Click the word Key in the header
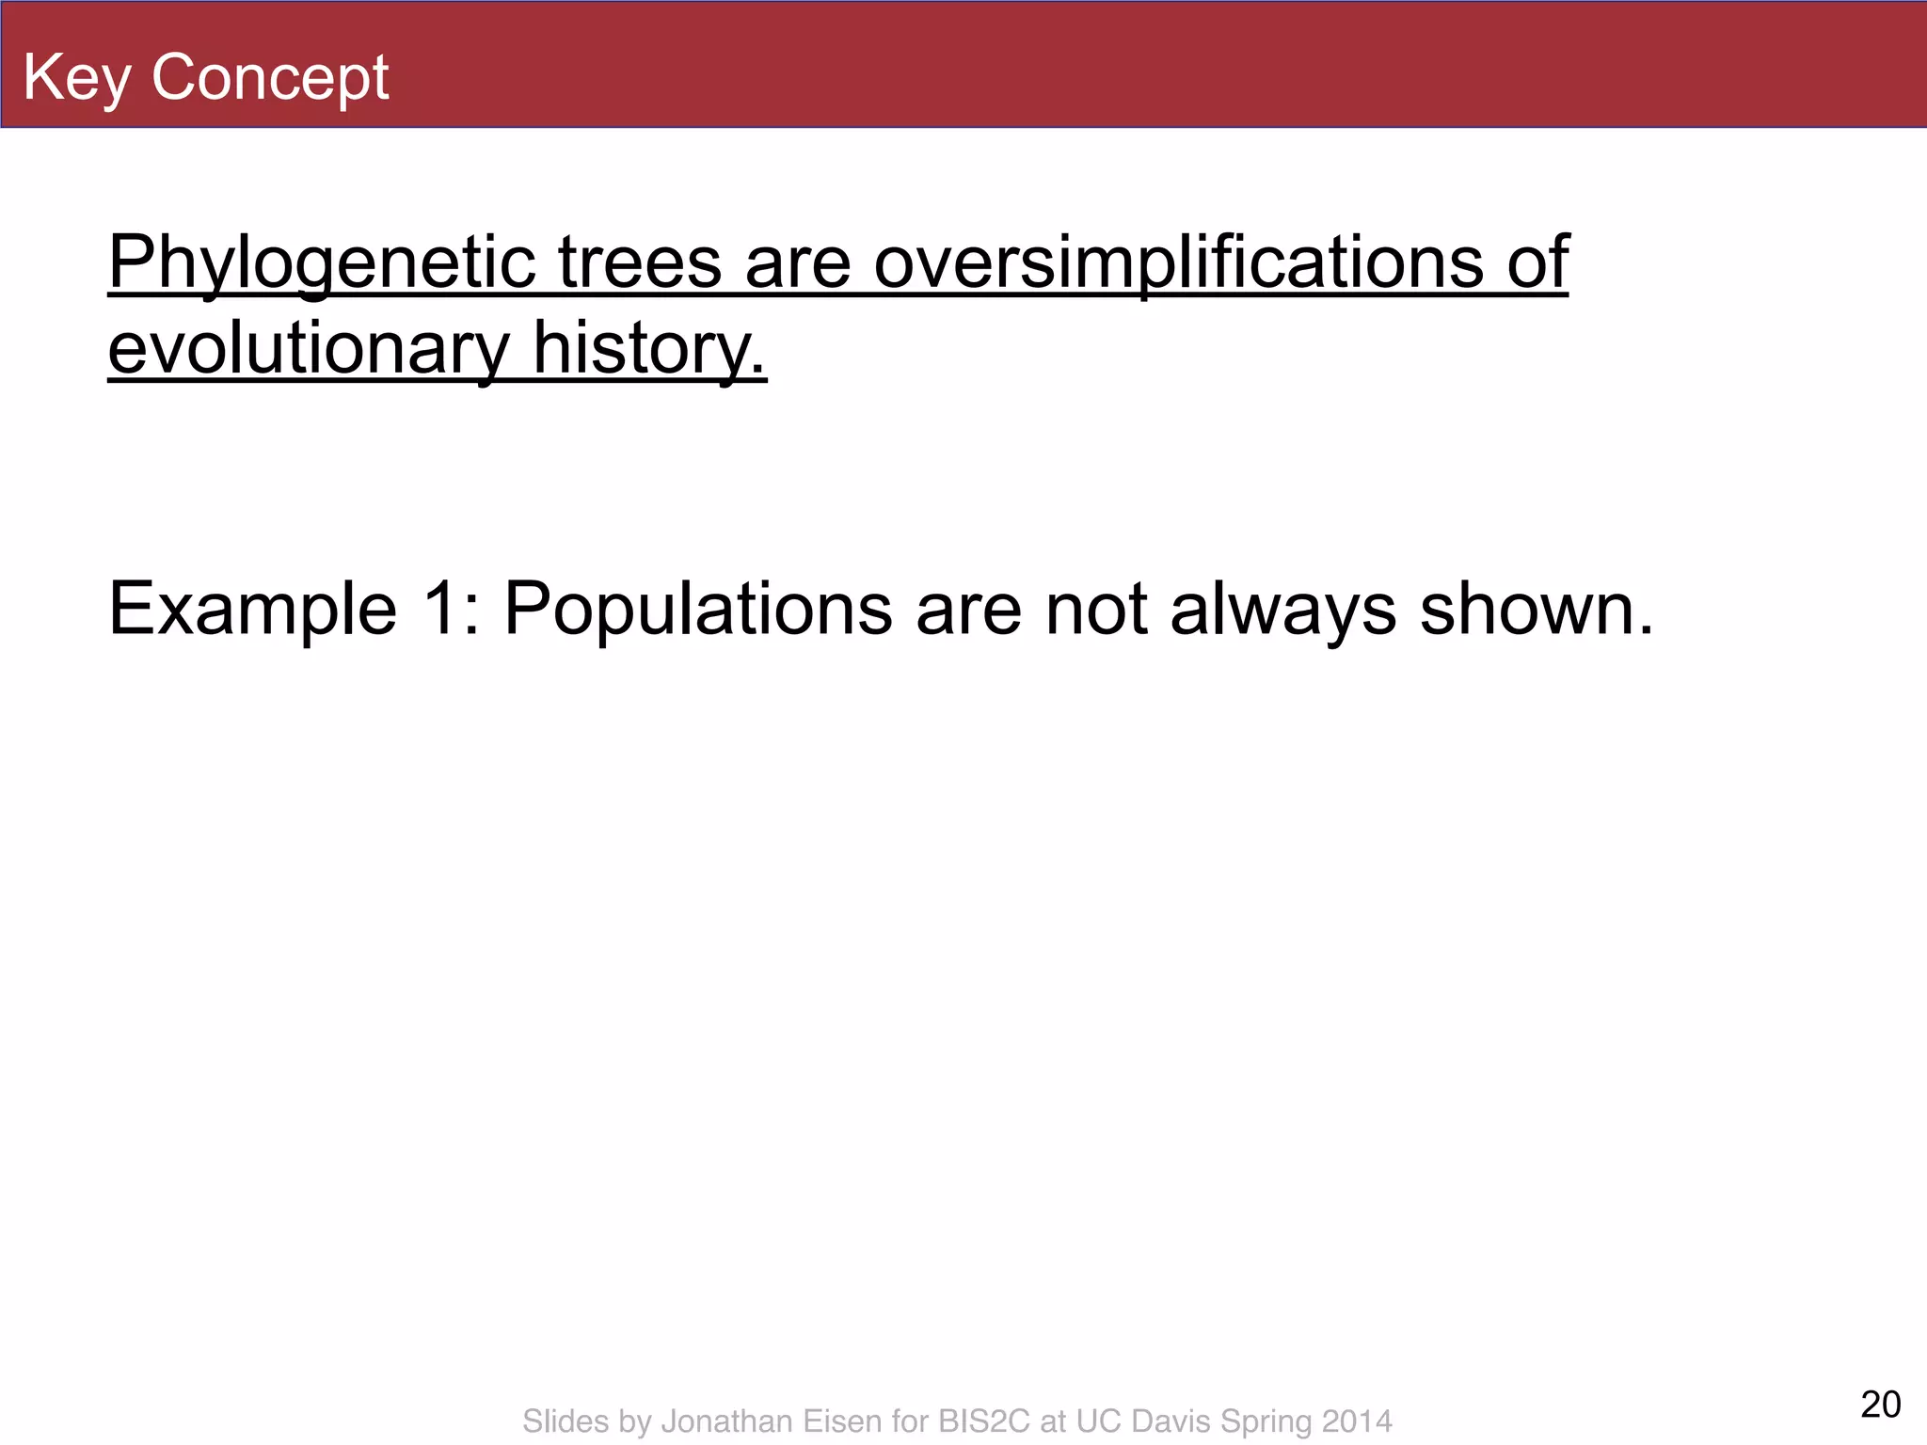pyautogui.click(x=77, y=78)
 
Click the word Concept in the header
pyautogui.click(x=270, y=78)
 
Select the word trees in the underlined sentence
pyautogui.click(x=640, y=263)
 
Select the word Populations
pyautogui.click(x=697, y=611)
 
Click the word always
pyautogui.click(x=1283, y=611)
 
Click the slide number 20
pyautogui.click(x=1880, y=1405)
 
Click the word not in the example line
pyautogui.click(x=1096, y=611)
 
